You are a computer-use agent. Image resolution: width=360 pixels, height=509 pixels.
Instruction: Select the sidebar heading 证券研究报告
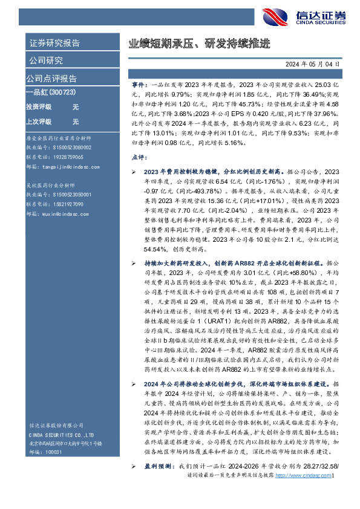54,43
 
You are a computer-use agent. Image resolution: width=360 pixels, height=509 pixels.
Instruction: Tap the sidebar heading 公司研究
46,60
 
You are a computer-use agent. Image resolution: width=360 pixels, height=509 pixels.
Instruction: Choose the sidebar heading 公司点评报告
52,79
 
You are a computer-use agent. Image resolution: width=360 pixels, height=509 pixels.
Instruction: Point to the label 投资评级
38,106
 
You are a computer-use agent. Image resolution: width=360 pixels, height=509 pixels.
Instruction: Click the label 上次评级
38,122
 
